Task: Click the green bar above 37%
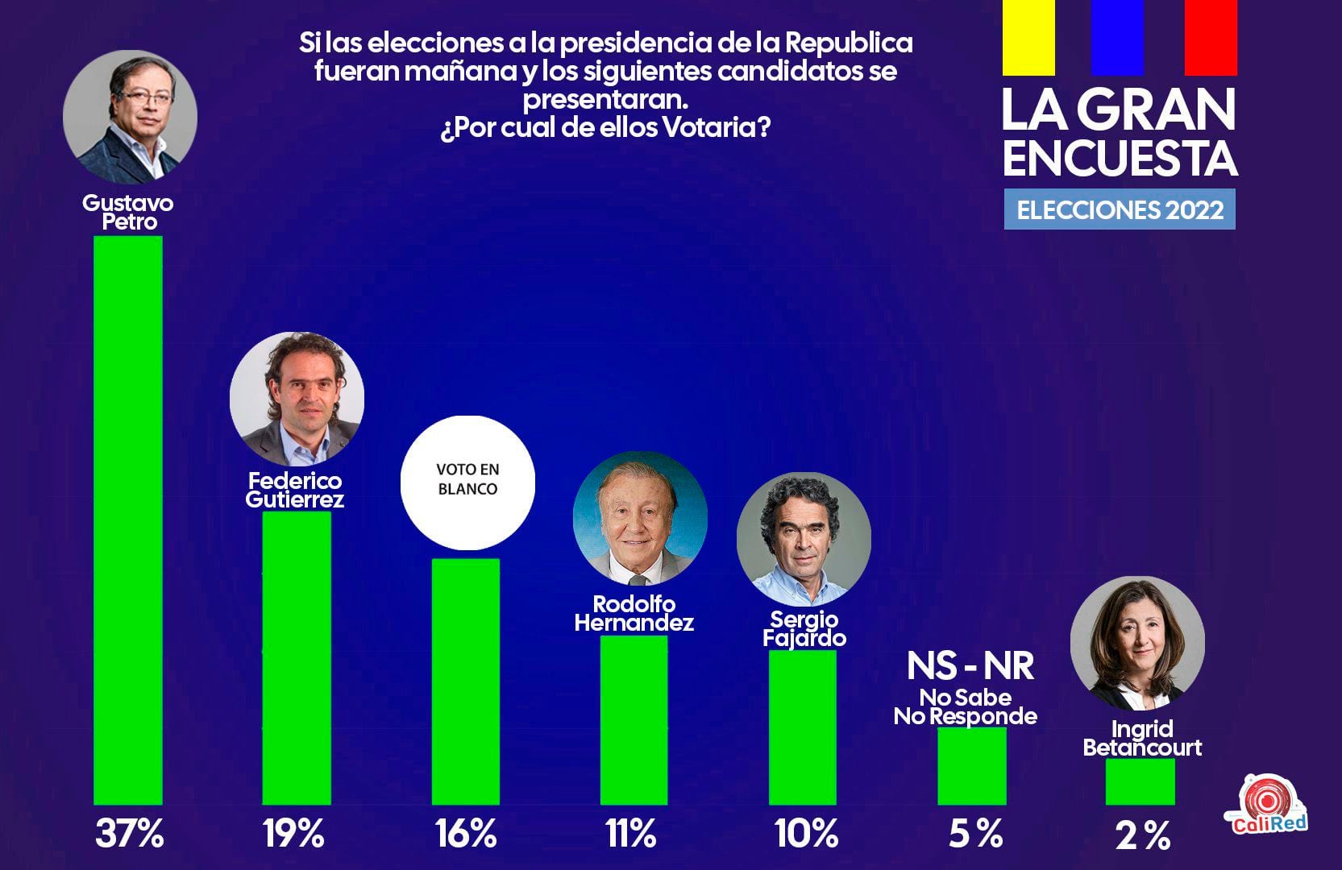coord(128,520)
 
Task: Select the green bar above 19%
coord(297,657)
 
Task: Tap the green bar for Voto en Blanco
coord(466,681)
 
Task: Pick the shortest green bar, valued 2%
coord(1140,781)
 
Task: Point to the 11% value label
coord(630,834)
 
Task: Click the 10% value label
coord(806,834)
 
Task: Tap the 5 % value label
coord(975,834)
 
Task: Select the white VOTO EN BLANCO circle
coord(467,483)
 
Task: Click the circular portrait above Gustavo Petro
coord(130,117)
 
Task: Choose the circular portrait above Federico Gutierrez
coord(297,398)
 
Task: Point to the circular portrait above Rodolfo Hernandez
coord(640,518)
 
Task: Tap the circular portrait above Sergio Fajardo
coord(804,539)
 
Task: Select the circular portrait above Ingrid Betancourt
coord(1137,643)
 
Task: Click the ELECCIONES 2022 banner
coord(1120,209)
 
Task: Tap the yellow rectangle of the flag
coord(1028,37)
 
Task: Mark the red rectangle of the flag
coord(1211,37)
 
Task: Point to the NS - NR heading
coord(970,666)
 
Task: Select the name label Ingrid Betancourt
coord(1142,739)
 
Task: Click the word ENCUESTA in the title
coord(1120,158)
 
